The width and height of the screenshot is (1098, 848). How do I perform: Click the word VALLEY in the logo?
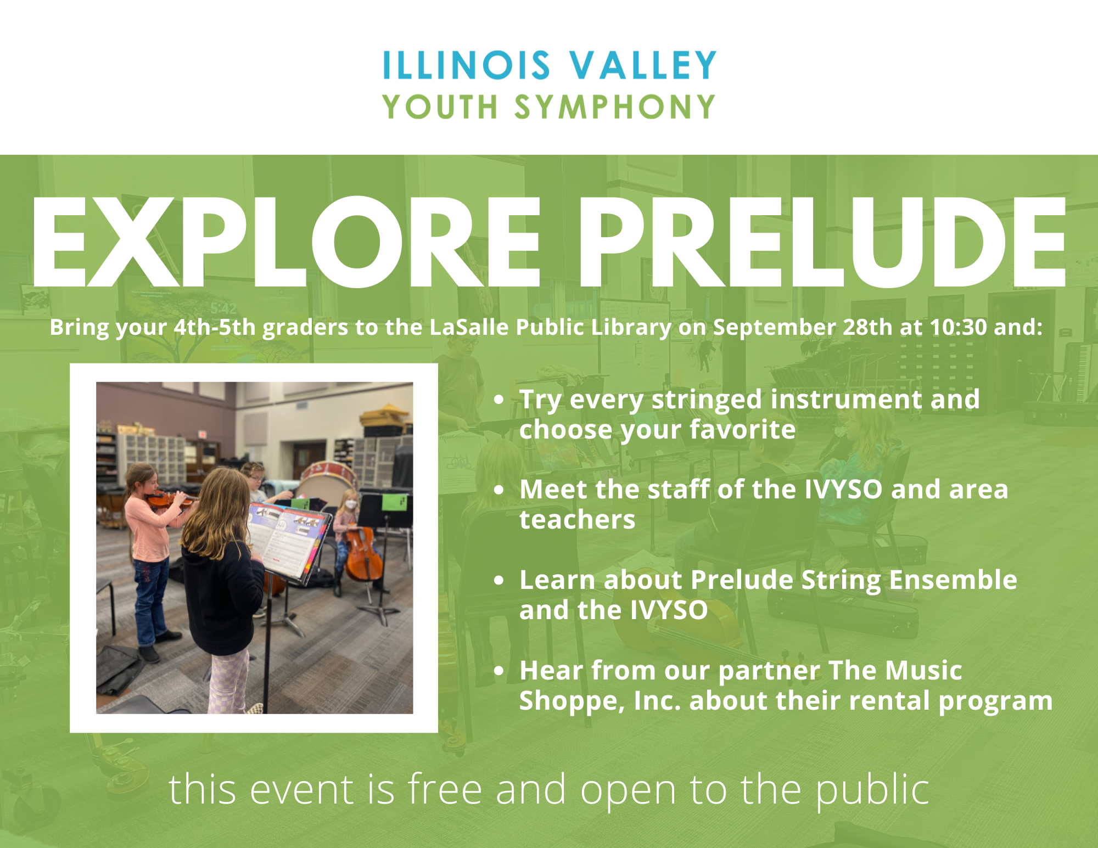(x=643, y=65)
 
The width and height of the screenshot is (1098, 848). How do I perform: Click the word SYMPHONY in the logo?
(x=615, y=106)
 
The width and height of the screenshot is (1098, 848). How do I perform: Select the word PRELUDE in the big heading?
(x=822, y=242)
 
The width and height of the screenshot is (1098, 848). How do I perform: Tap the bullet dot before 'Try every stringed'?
(x=498, y=399)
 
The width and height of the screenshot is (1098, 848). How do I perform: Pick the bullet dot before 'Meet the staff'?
(x=498, y=490)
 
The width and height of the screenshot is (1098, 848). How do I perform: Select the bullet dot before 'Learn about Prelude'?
(x=498, y=580)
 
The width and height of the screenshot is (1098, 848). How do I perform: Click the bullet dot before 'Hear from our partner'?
(x=498, y=670)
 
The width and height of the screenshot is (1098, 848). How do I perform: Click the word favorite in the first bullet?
(x=742, y=429)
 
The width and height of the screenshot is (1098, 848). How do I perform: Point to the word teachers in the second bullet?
(x=578, y=519)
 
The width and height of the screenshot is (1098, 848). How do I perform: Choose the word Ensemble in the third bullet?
(x=953, y=580)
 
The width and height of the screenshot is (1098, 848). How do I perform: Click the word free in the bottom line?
(x=445, y=789)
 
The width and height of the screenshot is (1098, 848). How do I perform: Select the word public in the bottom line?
(x=872, y=791)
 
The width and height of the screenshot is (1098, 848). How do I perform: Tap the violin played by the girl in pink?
(x=169, y=499)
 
